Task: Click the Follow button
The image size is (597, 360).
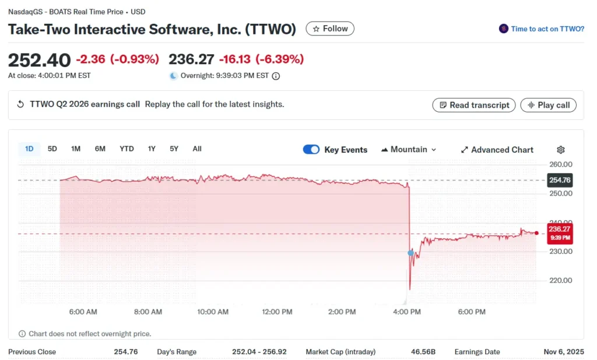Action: (x=330, y=29)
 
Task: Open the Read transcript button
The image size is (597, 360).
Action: (x=474, y=105)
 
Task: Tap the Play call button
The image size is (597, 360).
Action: (x=548, y=105)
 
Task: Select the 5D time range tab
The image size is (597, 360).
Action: (x=52, y=149)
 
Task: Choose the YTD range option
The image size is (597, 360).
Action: (x=127, y=149)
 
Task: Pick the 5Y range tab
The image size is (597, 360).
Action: (x=174, y=149)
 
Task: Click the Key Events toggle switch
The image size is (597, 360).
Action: (x=311, y=150)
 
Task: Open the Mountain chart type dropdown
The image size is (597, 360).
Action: (x=409, y=150)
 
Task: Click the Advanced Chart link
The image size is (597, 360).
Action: (x=497, y=150)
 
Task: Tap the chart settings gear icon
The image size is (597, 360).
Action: (x=561, y=150)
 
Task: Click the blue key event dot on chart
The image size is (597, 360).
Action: (x=410, y=253)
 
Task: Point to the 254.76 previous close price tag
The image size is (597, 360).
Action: (x=560, y=180)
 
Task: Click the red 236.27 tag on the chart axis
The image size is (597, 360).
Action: (x=560, y=233)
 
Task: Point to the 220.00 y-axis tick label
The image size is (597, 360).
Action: (x=560, y=280)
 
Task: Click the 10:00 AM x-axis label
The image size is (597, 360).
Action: (x=213, y=312)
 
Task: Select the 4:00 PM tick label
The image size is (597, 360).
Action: (x=407, y=312)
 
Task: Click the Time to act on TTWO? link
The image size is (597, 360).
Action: (x=547, y=29)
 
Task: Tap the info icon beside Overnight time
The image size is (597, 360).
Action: (x=276, y=76)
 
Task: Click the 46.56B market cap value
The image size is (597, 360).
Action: (x=424, y=352)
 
